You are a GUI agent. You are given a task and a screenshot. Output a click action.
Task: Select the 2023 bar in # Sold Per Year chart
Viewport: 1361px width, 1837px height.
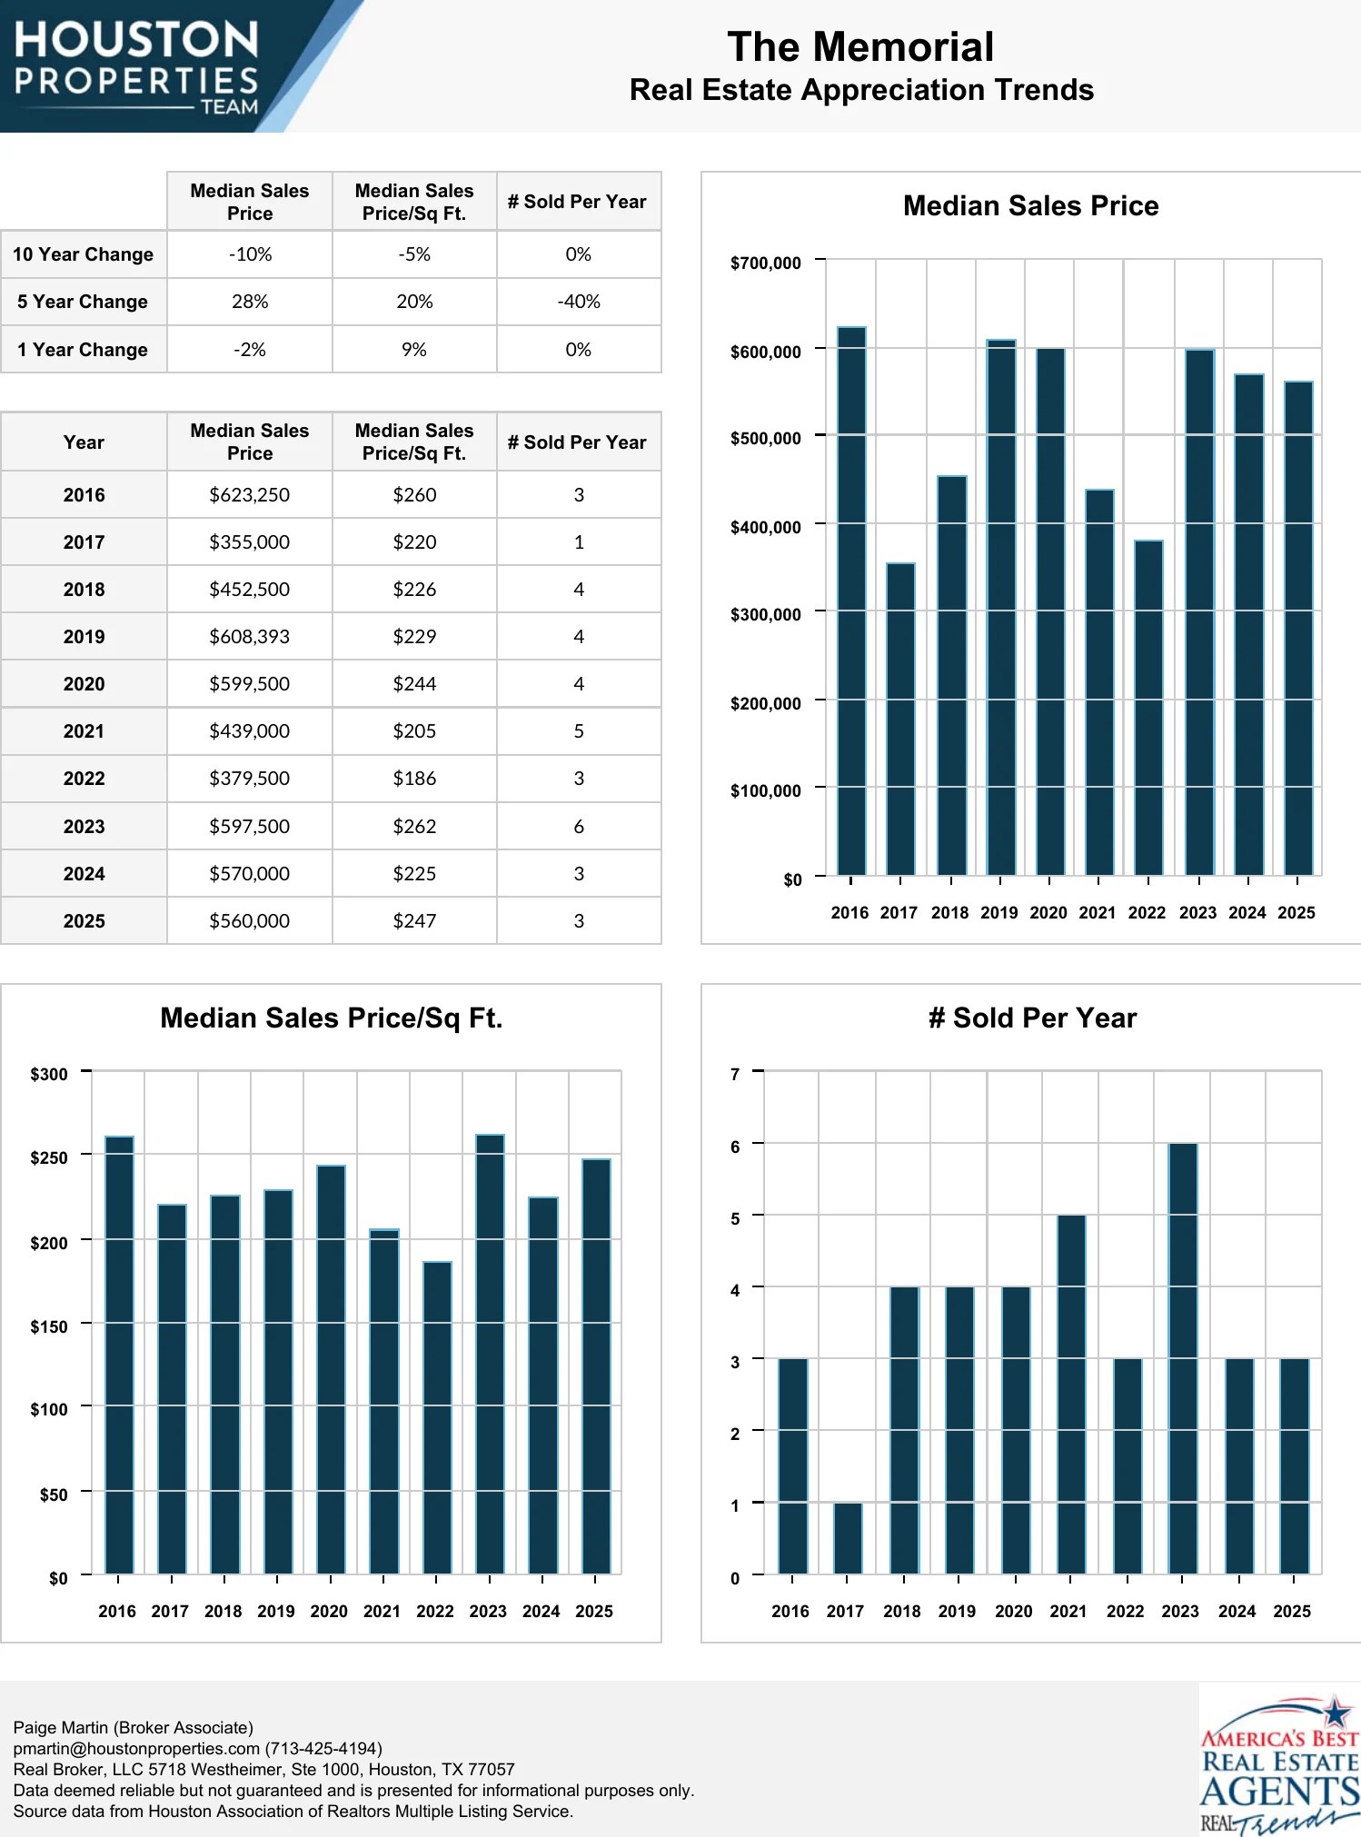[1182, 1358]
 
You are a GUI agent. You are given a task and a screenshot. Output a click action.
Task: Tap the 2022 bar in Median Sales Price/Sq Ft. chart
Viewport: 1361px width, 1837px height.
[437, 1417]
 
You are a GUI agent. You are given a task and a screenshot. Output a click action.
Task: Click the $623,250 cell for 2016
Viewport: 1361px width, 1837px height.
[249, 495]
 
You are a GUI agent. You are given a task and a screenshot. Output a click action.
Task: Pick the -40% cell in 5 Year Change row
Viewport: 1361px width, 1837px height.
[579, 302]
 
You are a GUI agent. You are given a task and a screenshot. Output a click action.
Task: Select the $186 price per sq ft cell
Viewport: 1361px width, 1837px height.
[414, 779]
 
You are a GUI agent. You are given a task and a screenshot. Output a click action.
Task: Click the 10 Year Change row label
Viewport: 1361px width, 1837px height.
[84, 254]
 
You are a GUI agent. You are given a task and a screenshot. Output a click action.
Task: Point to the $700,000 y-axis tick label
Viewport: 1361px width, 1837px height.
[765, 263]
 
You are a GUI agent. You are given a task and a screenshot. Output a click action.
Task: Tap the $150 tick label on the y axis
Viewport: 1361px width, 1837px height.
[49, 1326]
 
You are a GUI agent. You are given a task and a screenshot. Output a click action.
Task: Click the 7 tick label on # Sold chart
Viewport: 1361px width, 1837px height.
[735, 1074]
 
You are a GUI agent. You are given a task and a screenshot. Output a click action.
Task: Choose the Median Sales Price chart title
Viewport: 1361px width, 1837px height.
[1030, 206]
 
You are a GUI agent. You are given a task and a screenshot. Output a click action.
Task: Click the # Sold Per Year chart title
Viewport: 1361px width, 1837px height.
[1032, 1018]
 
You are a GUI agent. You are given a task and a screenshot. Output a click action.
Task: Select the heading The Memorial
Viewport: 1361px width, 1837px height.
[860, 47]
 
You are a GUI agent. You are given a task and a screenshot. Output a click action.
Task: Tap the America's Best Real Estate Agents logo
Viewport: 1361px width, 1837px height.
[1279, 1763]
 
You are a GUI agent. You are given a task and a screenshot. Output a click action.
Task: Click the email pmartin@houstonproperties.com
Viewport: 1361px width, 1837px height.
[136, 1748]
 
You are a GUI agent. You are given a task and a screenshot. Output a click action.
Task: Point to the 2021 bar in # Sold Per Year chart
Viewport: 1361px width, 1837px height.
[1071, 1395]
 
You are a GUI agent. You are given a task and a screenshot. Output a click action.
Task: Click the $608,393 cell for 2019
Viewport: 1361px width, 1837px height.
[249, 637]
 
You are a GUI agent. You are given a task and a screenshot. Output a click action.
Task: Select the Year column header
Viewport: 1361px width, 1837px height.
[84, 442]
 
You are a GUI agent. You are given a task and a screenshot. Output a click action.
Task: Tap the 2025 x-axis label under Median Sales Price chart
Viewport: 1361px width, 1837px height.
[1296, 913]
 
